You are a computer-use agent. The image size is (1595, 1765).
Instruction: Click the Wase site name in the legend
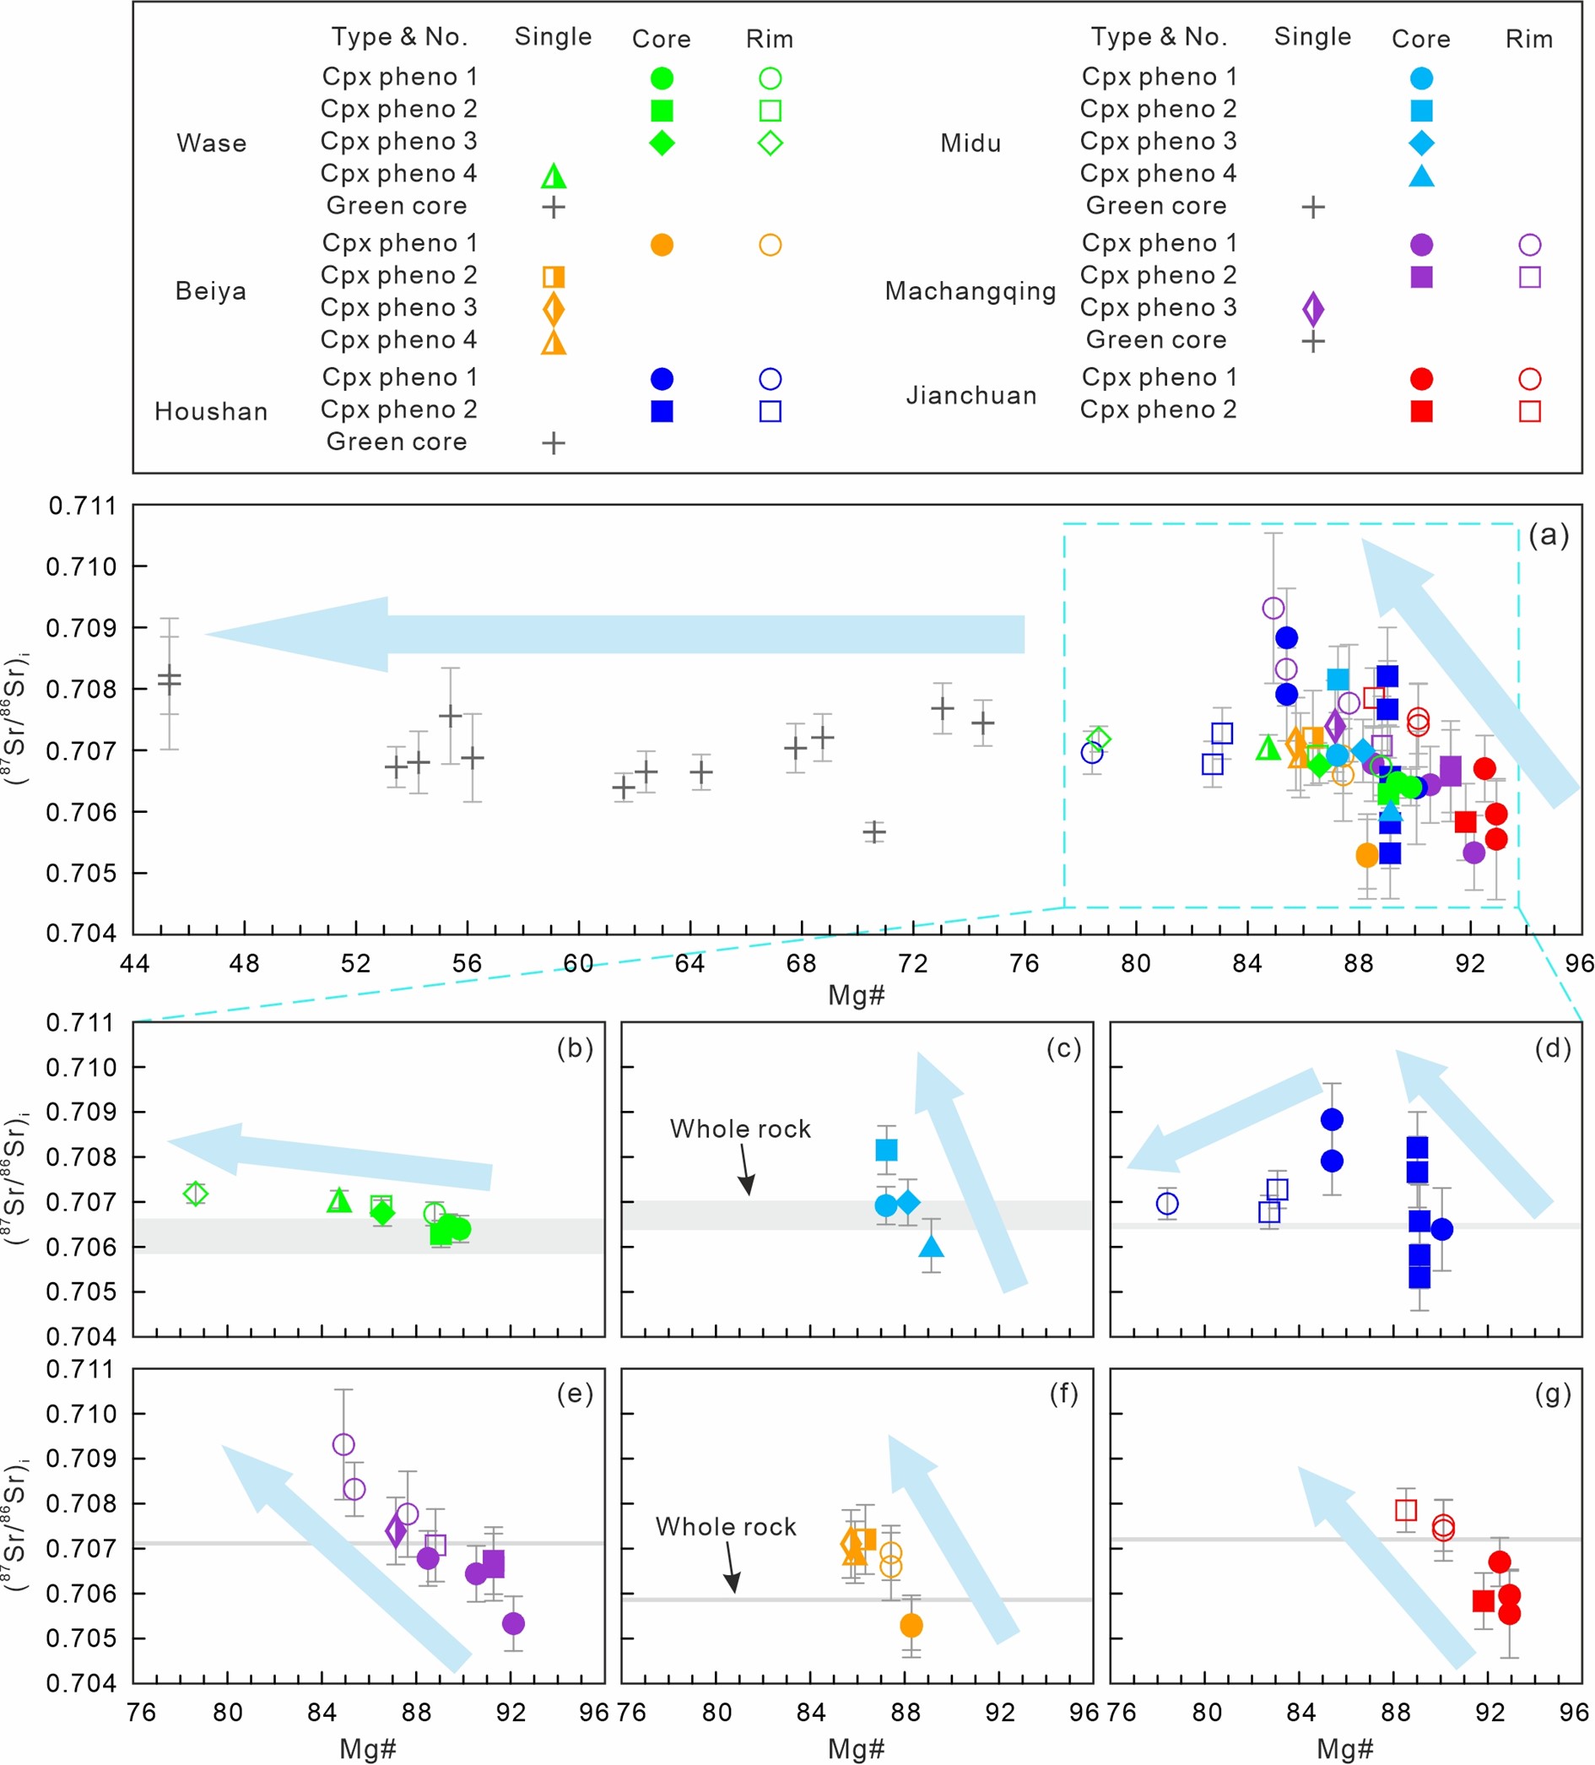click(x=211, y=143)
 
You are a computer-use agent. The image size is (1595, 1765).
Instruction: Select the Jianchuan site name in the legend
click(x=971, y=395)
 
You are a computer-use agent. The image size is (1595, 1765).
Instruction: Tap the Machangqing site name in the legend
click(x=970, y=290)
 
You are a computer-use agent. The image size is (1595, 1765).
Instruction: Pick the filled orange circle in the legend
click(x=662, y=245)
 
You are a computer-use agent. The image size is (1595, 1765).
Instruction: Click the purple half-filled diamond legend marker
click(x=1312, y=308)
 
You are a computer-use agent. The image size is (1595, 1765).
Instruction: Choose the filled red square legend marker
click(x=1421, y=410)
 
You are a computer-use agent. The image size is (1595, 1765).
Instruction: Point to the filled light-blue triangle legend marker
click(x=1421, y=176)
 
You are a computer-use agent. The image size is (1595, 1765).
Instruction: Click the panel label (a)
click(x=1548, y=535)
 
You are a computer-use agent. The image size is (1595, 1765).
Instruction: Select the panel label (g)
click(x=1552, y=1393)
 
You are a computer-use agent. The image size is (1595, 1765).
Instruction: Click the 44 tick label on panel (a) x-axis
click(x=134, y=963)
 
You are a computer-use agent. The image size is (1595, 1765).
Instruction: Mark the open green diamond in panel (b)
click(x=195, y=1194)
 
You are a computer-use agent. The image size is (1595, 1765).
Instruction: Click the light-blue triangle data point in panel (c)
click(x=932, y=1246)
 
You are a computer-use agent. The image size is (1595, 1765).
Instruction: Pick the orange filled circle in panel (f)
click(x=911, y=1625)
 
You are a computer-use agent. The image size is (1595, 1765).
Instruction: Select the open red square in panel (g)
click(x=1405, y=1509)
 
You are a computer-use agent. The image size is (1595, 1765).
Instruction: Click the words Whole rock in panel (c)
click(x=740, y=1129)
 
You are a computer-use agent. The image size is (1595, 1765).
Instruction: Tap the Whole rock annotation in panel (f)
click(x=726, y=1527)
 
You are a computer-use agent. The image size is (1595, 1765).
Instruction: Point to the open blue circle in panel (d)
click(x=1166, y=1204)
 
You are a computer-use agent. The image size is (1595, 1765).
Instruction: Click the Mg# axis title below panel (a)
click(x=857, y=994)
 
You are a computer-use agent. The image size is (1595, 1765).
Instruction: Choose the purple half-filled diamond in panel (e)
click(x=396, y=1532)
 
